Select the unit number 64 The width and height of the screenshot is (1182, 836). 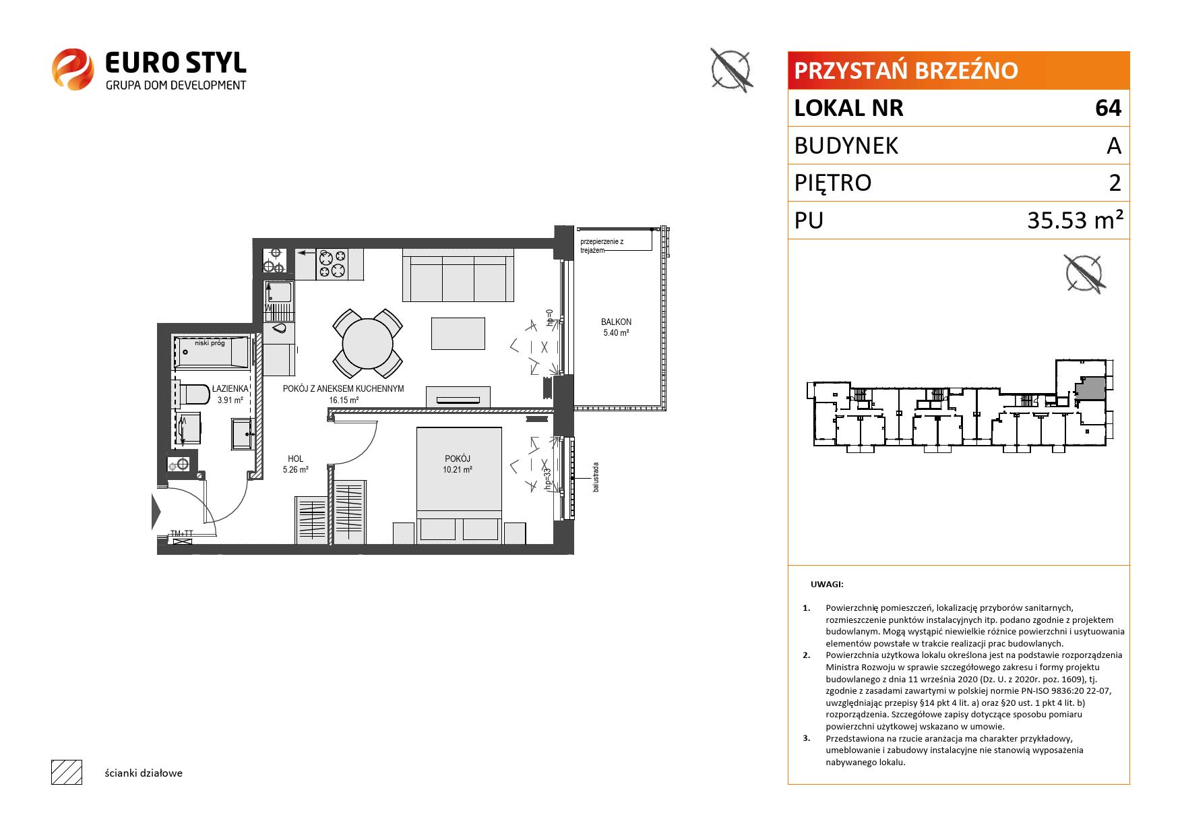1108,108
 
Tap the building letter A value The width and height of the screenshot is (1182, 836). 1114,146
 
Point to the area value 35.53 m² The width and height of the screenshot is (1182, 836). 1075,220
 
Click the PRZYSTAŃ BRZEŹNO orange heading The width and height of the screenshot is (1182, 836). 906,70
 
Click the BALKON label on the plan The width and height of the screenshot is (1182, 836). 616,322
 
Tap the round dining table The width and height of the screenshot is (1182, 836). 367,343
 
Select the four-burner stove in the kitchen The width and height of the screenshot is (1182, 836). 332,264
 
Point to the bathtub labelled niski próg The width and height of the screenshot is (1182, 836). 212,351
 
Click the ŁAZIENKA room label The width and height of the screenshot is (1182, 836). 230,389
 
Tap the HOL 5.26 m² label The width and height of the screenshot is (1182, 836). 295,464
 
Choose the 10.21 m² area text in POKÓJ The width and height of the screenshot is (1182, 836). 457,469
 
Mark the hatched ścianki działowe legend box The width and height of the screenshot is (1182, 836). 67,772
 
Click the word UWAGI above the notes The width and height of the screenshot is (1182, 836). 828,585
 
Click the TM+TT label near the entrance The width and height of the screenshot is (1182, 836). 182,533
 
